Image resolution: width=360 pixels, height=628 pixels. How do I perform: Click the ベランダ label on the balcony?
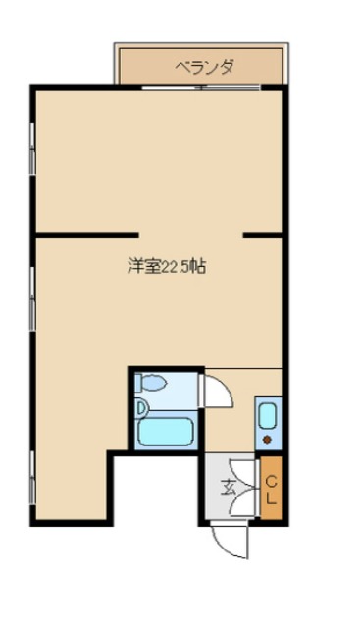click(x=204, y=68)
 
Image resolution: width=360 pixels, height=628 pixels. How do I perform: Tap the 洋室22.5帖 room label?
click(x=166, y=266)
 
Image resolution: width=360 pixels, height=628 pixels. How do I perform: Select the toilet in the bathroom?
click(x=155, y=383)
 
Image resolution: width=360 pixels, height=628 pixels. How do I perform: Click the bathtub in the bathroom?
click(x=168, y=432)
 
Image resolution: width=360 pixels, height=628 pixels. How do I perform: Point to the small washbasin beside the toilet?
click(x=141, y=404)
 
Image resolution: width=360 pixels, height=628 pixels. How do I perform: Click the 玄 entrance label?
click(x=228, y=485)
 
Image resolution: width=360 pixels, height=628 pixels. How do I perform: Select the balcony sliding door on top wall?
click(x=200, y=89)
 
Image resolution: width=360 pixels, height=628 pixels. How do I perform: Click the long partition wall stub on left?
click(x=86, y=235)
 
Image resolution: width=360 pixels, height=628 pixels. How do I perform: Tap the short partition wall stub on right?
click(x=263, y=235)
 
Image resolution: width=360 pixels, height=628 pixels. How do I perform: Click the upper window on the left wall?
click(x=33, y=147)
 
